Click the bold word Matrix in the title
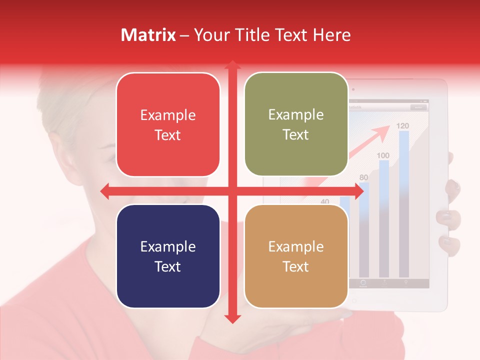pos(148,35)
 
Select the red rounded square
pos(168,124)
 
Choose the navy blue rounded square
pos(168,256)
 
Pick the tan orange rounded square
pos(296,256)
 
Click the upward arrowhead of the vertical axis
pos(232,65)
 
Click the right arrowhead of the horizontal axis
pos(358,191)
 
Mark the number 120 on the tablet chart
pos(403,125)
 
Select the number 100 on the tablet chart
pos(383,155)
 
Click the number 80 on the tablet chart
pos(363,177)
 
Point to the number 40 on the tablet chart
pos(325,202)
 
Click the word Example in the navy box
pos(168,246)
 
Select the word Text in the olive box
pos(296,135)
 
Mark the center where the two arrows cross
pos(232,191)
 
